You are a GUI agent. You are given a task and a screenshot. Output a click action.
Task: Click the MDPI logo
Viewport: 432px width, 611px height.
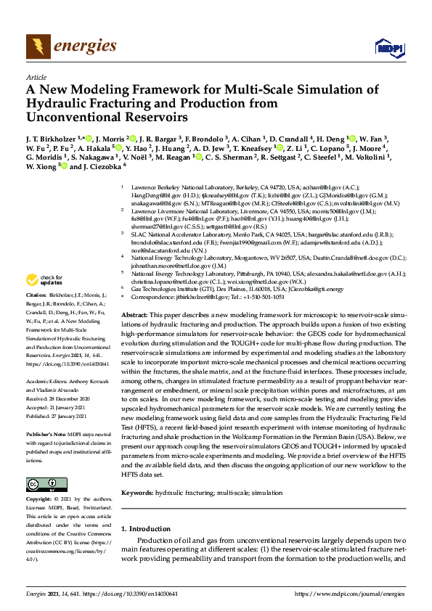point(388,48)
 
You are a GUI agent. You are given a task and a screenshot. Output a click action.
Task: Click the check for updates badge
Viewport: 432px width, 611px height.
point(44,279)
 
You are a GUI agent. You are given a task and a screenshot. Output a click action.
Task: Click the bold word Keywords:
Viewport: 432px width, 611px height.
point(137,493)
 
